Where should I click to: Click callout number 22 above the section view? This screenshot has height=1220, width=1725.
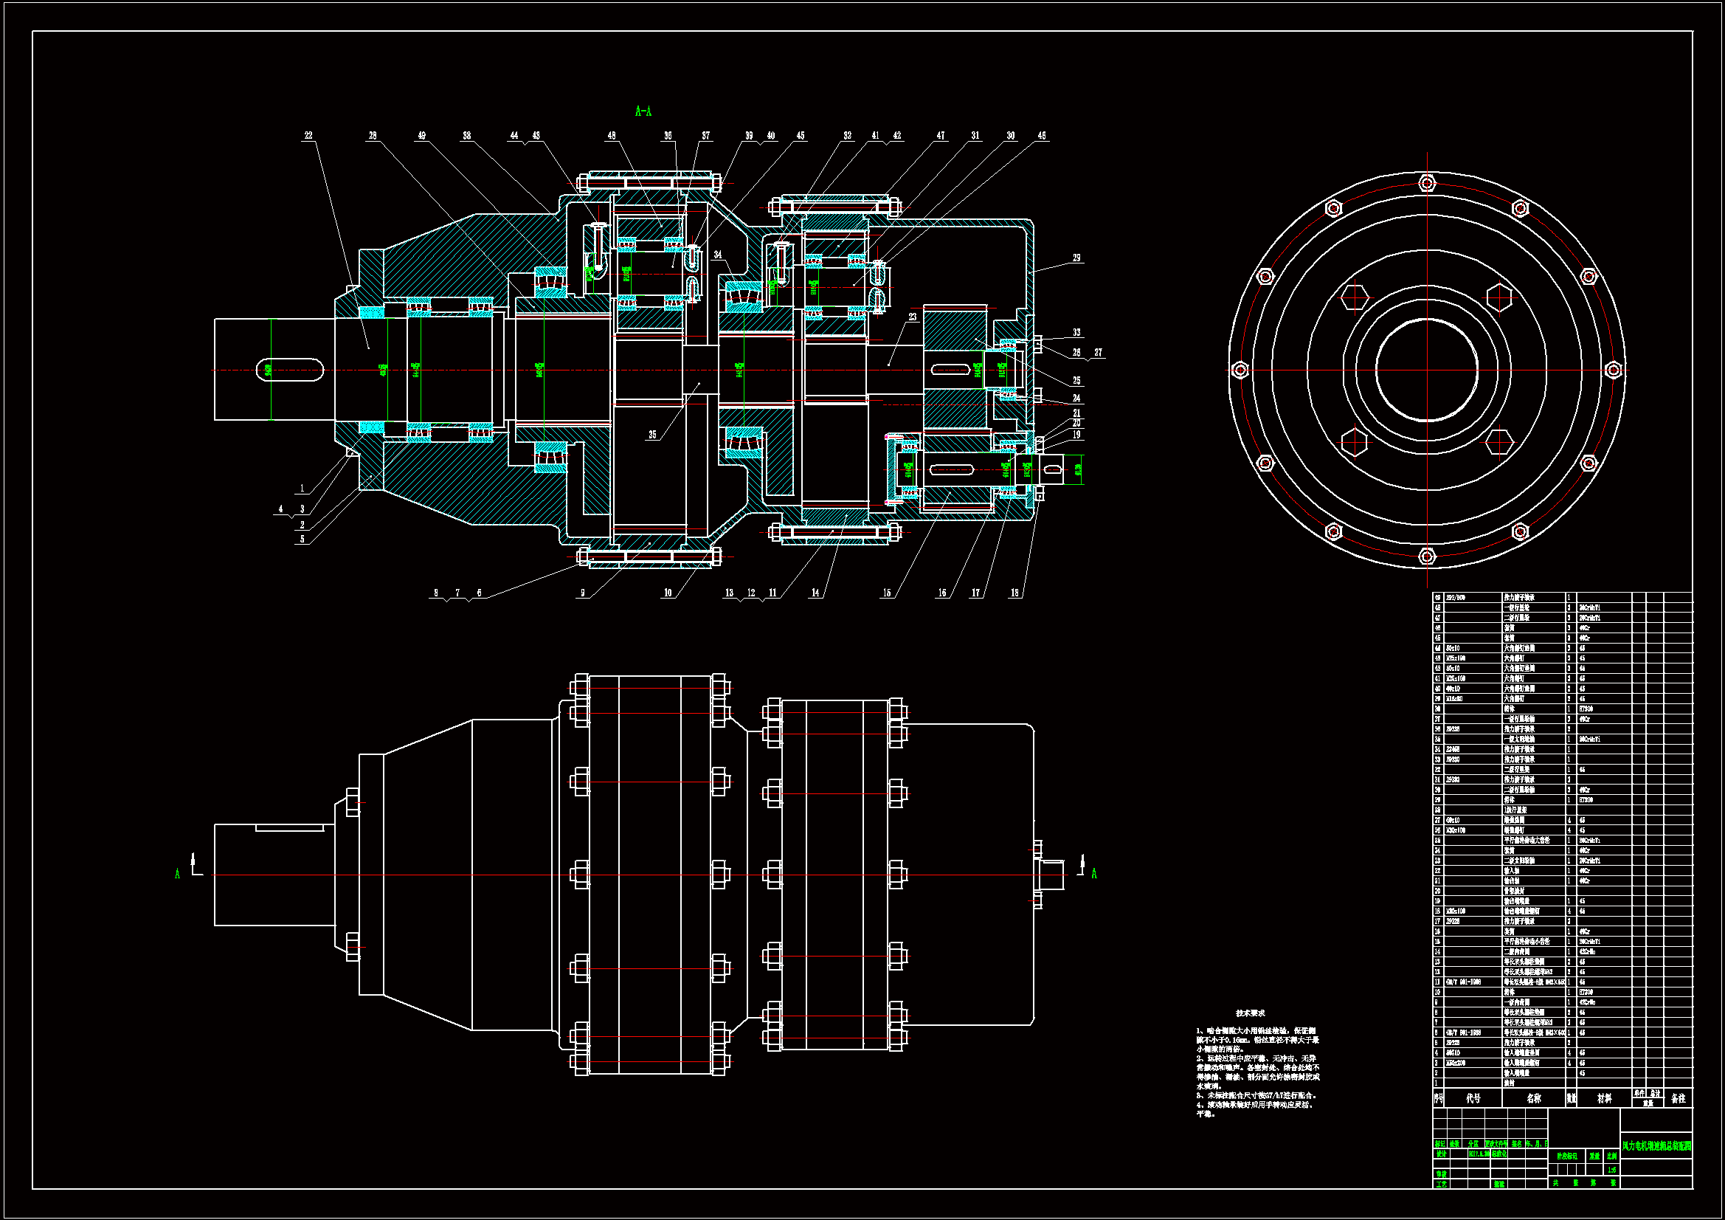308,136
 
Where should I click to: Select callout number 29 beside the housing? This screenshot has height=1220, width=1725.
1076,258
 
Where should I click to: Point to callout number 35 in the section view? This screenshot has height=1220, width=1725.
652,435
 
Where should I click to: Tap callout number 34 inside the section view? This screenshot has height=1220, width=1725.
717,255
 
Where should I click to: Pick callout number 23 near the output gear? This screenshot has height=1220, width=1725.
913,317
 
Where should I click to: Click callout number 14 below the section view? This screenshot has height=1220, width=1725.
815,593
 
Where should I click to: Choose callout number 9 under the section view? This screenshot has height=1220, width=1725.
582,593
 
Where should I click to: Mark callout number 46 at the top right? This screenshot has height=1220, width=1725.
1041,136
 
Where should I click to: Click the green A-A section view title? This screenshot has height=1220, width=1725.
643,112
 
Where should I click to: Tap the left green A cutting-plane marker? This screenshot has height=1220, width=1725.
178,873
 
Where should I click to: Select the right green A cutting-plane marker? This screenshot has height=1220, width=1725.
1094,873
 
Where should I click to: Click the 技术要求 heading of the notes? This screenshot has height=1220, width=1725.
1250,1013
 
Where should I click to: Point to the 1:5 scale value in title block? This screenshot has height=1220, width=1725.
1611,1170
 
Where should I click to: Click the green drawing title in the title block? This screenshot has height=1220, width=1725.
1656,1146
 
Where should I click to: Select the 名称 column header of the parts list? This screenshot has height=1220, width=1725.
1533,1098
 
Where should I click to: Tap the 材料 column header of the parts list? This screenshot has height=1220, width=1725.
1604,1098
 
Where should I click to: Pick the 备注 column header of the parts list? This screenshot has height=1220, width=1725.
1678,1098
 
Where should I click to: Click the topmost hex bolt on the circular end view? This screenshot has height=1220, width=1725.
1427,182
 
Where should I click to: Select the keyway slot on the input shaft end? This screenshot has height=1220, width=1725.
290,370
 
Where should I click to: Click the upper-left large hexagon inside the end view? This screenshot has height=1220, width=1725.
1355,297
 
